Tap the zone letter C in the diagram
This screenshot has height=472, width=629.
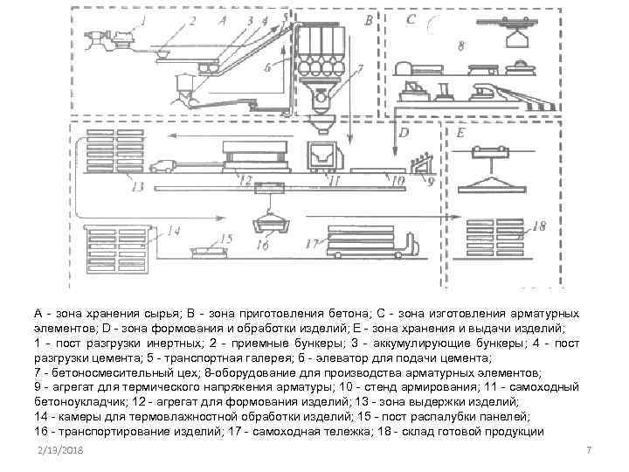click(x=411, y=17)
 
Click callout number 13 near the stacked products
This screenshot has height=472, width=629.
click(x=135, y=186)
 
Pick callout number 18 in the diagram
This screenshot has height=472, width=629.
click(x=539, y=226)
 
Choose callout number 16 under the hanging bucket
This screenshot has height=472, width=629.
click(x=262, y=246)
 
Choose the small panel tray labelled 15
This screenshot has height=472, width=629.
click(x=210, y=252)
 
